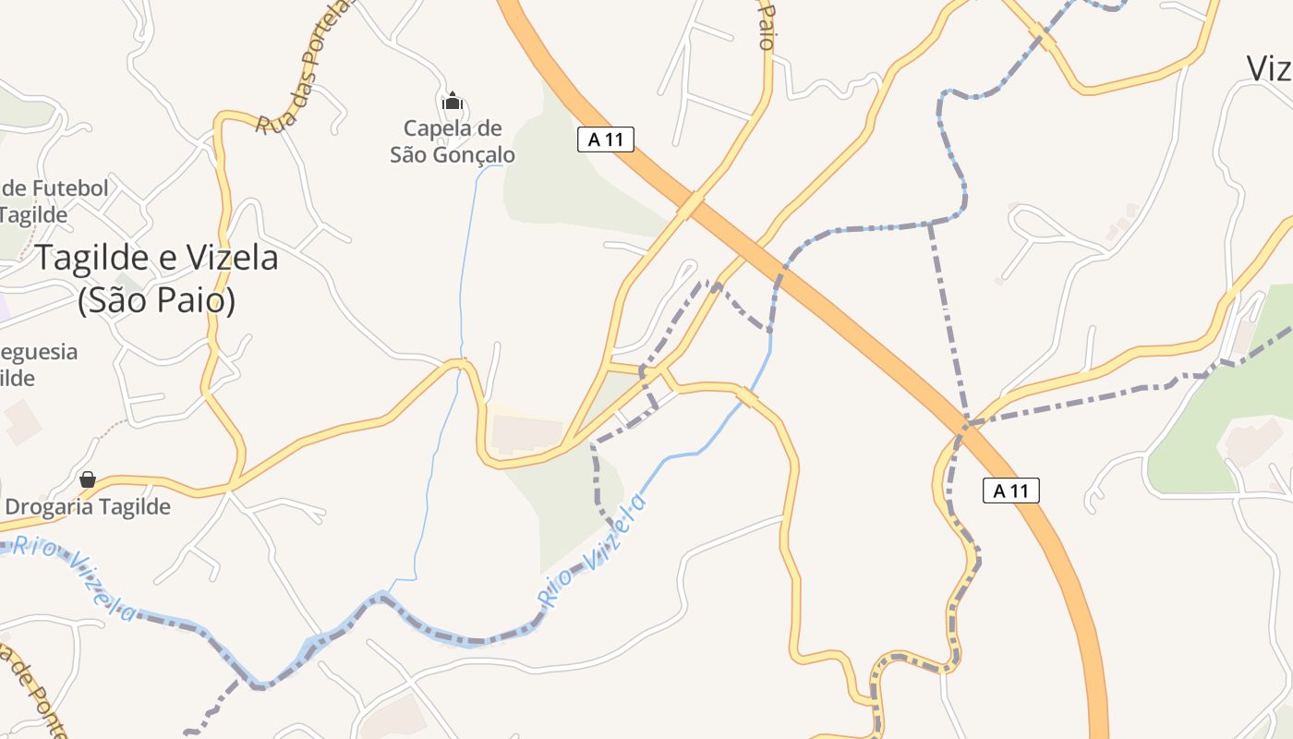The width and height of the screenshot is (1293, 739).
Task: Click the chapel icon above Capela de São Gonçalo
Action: (x=453, y=100)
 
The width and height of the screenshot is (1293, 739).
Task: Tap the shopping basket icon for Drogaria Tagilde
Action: (x=88, y=479)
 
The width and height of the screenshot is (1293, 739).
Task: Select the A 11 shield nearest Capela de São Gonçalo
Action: (x=605, y=139)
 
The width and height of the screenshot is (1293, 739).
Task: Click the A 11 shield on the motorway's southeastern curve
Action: (x=1010, y=491)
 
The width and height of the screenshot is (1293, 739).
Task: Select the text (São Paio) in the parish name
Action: (x=156, y=300)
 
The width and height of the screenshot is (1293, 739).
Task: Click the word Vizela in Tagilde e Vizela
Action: (x=232, y=258)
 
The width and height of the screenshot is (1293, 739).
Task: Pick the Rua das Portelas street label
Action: (x=305, y=67)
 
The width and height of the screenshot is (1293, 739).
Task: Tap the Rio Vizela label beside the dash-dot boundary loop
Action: (x=592, y=551)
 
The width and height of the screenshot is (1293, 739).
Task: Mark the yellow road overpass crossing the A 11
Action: (x=690, y=205)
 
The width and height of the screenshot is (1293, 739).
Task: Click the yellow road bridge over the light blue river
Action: (x=746, y=396)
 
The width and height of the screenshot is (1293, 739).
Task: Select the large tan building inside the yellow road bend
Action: (x=526, y=433)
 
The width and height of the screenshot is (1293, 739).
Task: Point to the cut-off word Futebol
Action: (x=69, y=189)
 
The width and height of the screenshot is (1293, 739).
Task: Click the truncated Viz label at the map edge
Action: (x=1269, y=68)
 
